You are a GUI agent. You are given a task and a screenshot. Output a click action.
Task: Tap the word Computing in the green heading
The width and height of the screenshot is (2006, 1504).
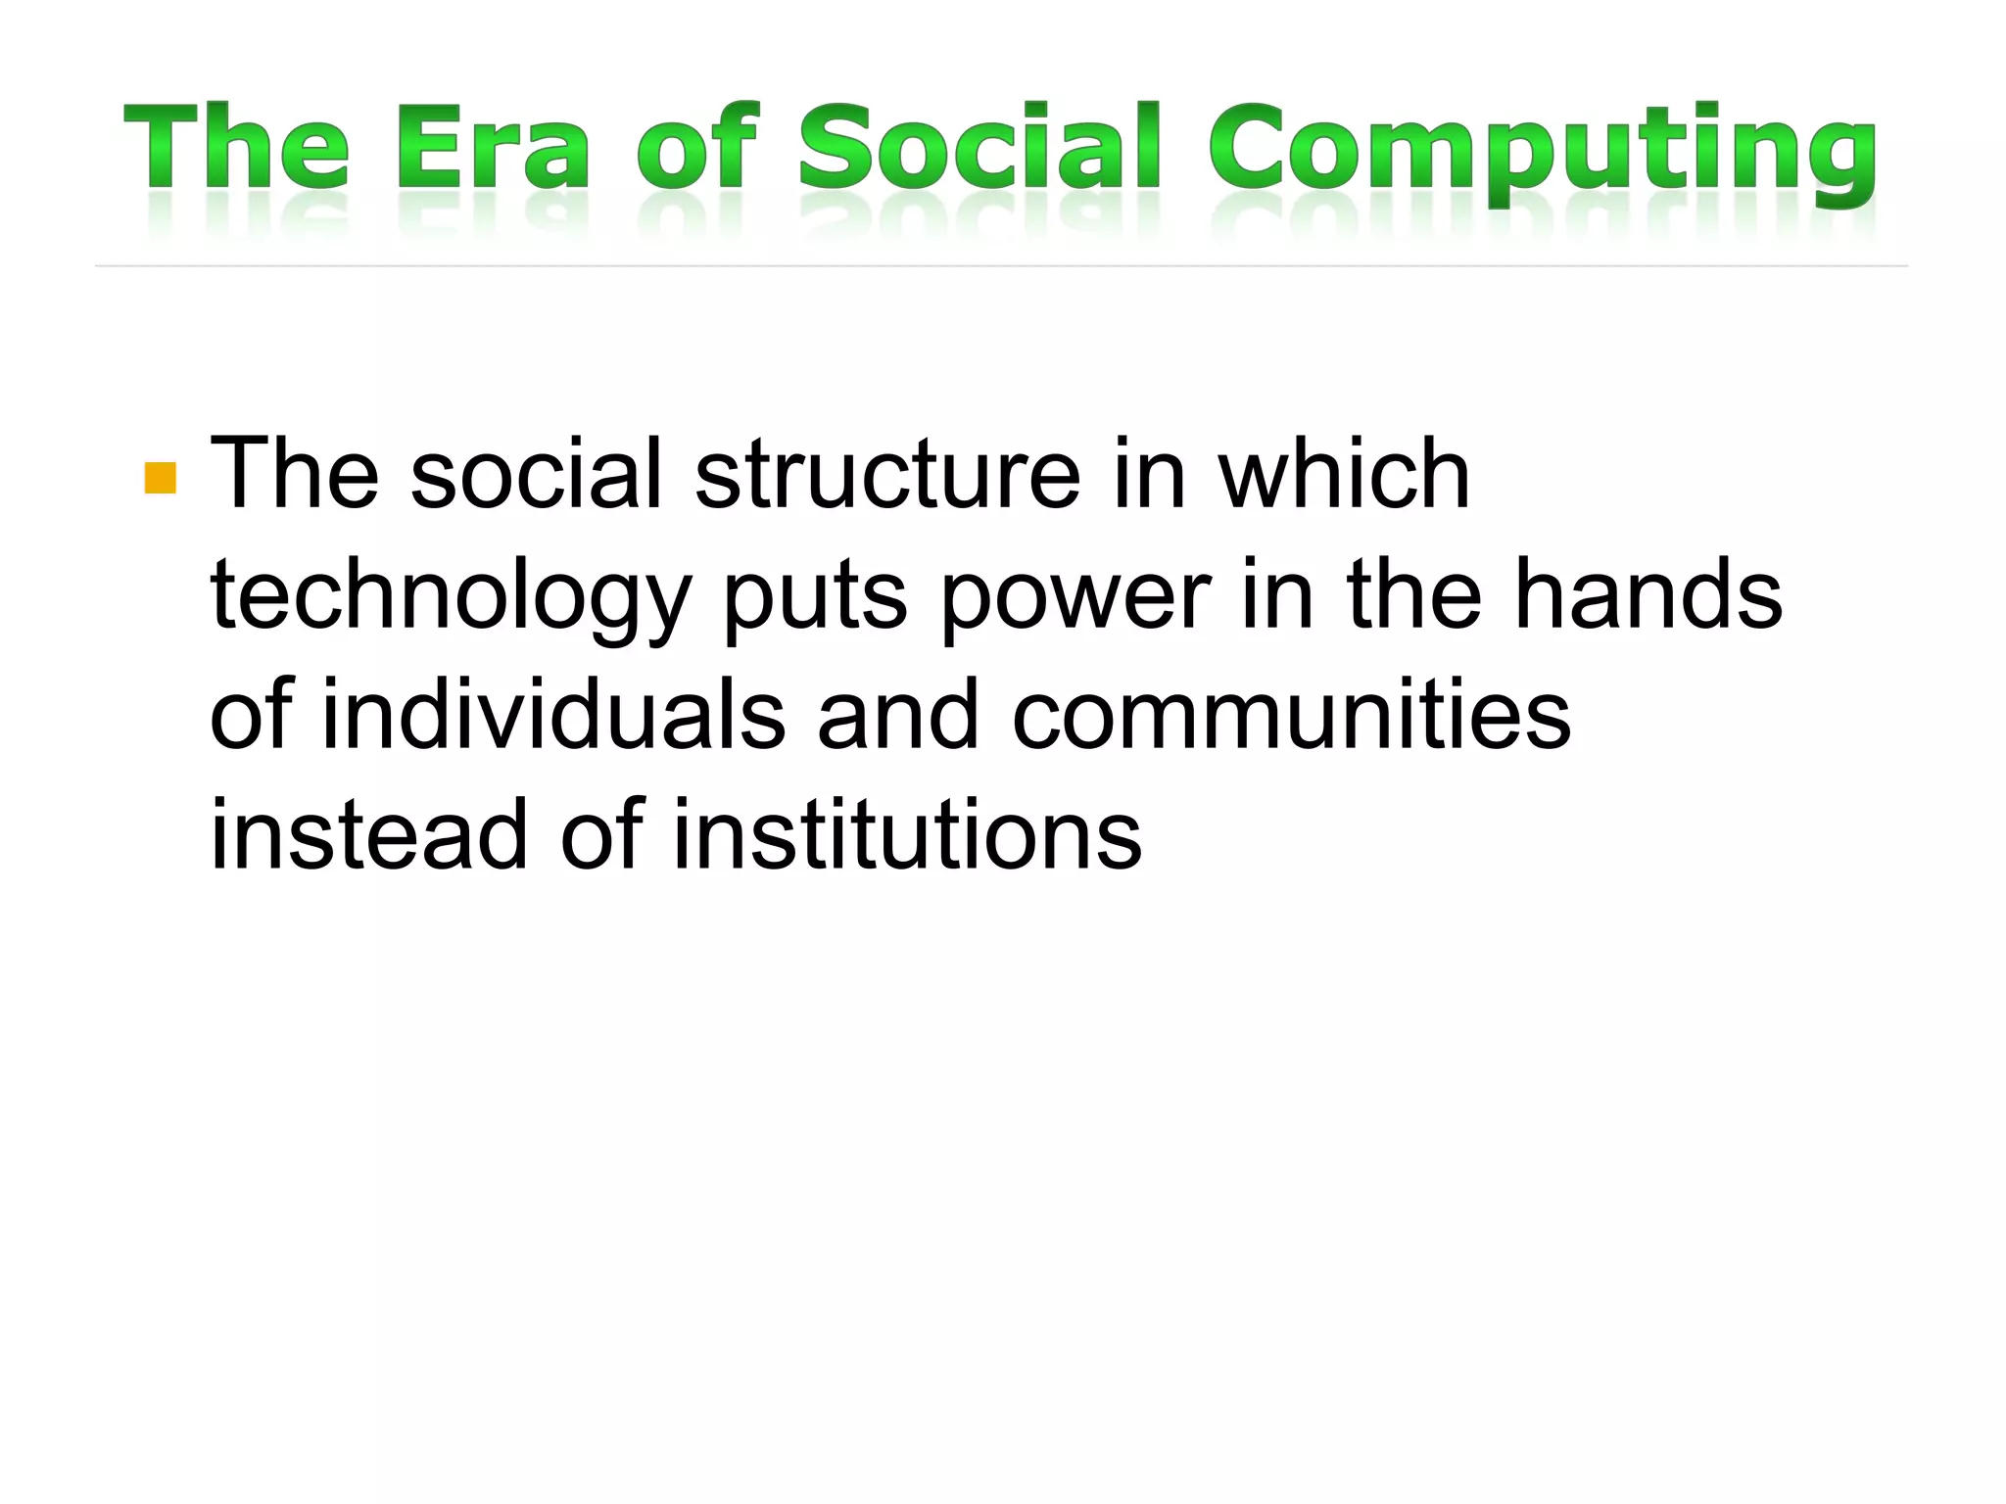point(1543,152)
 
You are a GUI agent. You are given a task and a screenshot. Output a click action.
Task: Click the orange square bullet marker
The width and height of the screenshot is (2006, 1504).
point(160,478)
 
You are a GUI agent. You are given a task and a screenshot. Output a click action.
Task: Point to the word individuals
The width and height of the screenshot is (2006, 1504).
point(553,715)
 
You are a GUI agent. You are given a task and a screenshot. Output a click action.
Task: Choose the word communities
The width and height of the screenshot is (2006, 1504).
point(1291,715)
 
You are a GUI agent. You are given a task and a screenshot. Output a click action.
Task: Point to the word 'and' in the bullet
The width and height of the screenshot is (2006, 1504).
point(897,715)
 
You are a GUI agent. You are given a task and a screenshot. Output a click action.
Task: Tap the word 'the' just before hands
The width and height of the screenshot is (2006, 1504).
point(1414,594)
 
